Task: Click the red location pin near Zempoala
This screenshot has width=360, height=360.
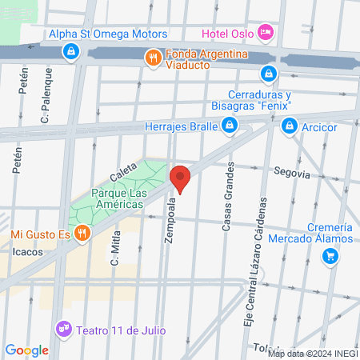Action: [180, 178]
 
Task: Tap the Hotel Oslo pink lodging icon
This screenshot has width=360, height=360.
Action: [267, 33]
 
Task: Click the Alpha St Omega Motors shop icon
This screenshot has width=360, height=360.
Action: [72, 51]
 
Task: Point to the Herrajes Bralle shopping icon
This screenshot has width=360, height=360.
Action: [230, 126]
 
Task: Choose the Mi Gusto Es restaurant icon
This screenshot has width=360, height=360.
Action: [82, 234]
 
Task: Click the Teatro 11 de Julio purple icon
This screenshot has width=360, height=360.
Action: [63, 329]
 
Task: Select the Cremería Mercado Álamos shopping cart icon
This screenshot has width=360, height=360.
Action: [330, 256]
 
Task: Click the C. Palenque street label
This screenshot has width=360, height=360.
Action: [46, 95]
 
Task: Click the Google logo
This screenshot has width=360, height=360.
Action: [26, 350]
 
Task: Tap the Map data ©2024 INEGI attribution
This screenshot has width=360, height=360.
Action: [312, 353]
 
